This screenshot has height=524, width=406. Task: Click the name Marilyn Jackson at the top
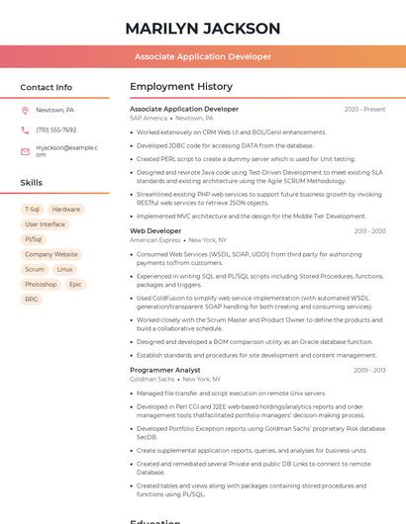click(x=203, y=29)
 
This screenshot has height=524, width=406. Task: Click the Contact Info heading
click(x=46, y=87)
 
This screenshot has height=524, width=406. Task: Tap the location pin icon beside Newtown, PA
click(x=25, y=110)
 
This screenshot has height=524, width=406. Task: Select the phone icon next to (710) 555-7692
click(x=25, y=130)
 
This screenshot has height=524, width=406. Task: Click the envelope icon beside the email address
click(x=25, y=150)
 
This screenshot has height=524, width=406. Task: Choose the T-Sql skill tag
click(x=32, y=210)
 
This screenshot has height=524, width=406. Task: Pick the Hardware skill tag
click(x=66, y=210)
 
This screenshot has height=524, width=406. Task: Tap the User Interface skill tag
click(x=46, y=224)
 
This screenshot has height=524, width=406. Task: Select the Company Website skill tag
click(x=51, y=254)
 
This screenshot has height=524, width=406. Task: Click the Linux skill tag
click(x=64, y=269)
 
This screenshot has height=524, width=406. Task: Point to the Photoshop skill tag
click(x=41, y=284)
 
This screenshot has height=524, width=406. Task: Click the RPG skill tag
click(x=32, y=299)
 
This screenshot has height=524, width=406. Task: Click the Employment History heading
click(x=180, y=87)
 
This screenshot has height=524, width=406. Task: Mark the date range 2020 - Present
click(x=364, y=110)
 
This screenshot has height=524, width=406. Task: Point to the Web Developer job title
click(x=155, y=231)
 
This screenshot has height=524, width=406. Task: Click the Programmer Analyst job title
click(x=164, y=370)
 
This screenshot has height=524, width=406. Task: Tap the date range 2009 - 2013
click(x=369, y=370)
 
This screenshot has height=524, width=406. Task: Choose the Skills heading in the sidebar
click(x=31, y=183)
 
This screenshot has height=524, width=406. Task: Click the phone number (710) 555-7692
click(x=55, y=130)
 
